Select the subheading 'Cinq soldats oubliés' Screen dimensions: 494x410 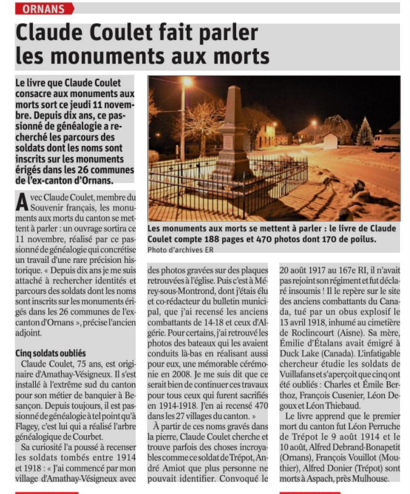(51, 353)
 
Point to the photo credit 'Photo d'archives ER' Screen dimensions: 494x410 (180, 250)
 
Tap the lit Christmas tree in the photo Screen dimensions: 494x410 (364, 132)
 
